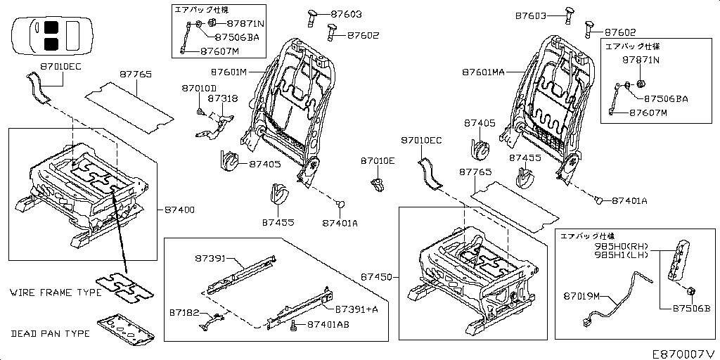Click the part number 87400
pyautogui.click(x=180, y=210)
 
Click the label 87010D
pyautogui.click(x=199, y=89)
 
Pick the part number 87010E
pyautogui.click(x=378, y=161)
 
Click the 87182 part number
pyautogui.click(x=184, y=311)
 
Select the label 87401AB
pyautogui.click(x=328, y=326)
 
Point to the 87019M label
pyautogui.click(x=581, y=296)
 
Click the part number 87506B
pyautogui.click(x=692, y=308)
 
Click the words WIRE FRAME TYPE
pyautogui.click(x=56, y=292)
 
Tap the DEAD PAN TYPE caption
pyautogui.click(x=51, y=333)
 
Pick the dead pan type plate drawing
pyautogui.click(x=126, y=328)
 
